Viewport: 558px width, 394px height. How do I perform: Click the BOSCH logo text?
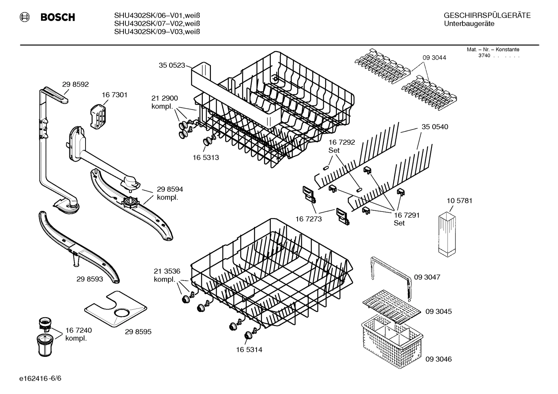(57, 17)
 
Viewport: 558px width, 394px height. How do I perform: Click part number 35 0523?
(172, 65)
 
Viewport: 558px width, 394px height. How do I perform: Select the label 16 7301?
(115, 95)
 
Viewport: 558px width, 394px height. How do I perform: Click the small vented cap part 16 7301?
(98, 116)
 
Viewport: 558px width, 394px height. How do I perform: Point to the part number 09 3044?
(434, 58)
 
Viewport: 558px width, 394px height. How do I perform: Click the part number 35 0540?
(435, 127)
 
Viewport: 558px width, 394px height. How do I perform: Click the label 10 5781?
(459, 201)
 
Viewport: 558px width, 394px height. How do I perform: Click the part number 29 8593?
(90, 279)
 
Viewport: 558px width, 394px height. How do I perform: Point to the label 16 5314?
(249, 350)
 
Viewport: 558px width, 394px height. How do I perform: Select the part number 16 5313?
(205, 157)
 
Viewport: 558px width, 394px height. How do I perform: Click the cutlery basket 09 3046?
(390, 339)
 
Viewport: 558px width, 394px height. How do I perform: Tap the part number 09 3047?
(427, 277)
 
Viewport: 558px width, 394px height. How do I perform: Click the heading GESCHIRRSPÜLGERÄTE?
(487, 15)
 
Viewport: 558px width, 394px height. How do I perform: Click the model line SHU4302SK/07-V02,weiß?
(157, 24)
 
